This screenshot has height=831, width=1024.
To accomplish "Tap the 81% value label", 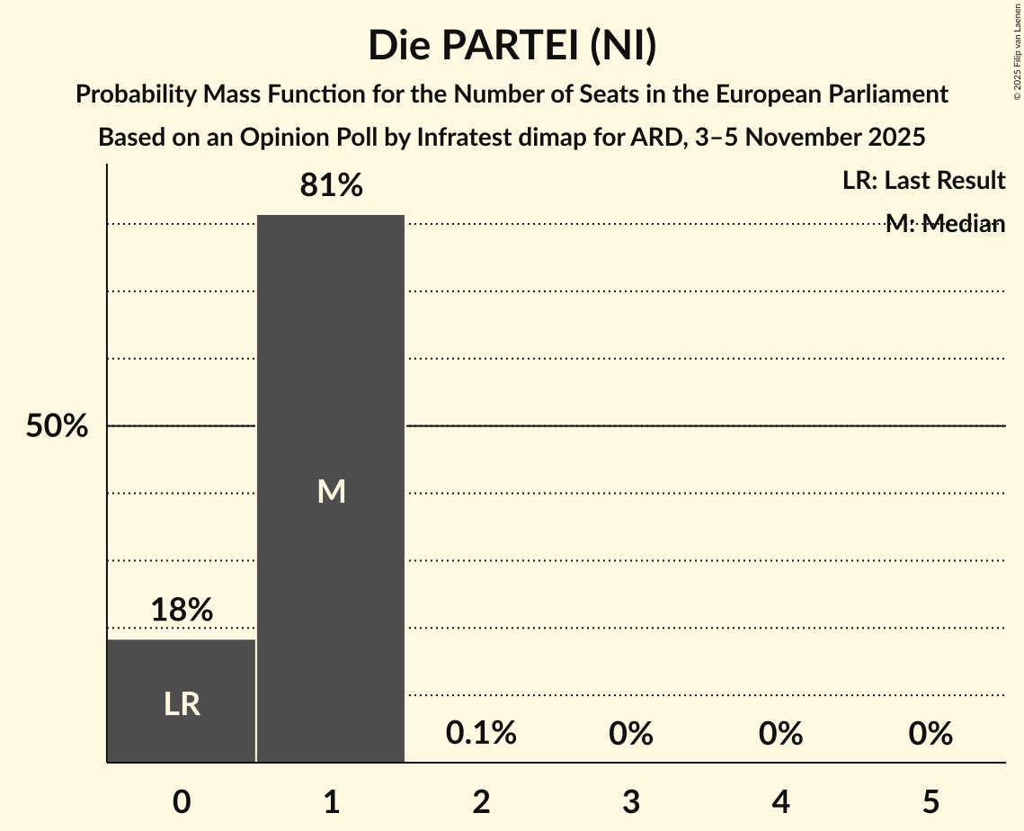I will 331,186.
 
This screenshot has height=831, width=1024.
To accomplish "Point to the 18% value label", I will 182,611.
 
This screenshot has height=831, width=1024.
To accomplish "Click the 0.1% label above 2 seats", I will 481,734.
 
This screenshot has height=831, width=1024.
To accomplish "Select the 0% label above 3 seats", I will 631,734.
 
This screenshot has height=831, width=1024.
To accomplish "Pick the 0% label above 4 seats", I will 780,734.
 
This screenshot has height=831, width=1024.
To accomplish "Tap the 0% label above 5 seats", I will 930,734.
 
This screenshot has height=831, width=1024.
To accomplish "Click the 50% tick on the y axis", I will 57,426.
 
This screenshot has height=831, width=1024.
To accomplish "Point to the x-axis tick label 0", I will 182,801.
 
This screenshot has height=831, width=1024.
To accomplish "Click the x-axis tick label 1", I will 331,801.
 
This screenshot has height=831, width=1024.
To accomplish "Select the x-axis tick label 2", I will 481,801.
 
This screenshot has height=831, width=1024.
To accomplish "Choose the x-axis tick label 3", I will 631,801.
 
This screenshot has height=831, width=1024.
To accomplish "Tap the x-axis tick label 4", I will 780,801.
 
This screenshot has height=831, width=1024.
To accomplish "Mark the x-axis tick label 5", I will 930,801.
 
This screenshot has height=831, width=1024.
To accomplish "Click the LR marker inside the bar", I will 182,704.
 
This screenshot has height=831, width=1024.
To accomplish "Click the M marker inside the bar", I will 331,491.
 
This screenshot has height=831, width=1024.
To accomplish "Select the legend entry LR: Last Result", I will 923,181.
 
